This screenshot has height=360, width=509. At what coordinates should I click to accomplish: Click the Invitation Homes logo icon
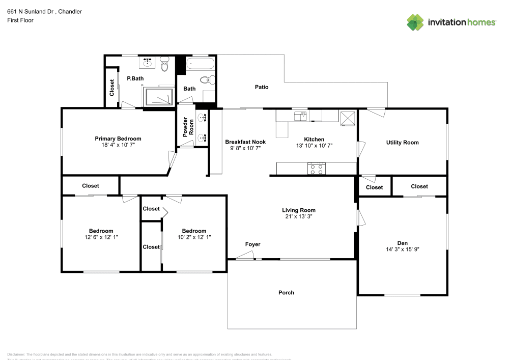(415, 22)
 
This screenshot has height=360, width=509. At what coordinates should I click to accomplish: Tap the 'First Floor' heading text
(20, 20)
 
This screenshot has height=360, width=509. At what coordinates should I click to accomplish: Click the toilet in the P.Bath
(164, 65)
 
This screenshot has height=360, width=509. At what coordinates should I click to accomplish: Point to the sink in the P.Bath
(148, 63)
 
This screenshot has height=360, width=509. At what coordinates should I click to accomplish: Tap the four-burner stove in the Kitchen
(317, 169)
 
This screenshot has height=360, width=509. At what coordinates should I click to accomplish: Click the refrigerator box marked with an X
(348, 117)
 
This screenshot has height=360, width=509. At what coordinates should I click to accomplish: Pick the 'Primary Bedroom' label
(118, 139)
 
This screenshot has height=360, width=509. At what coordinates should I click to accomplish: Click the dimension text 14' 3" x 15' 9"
(402, 250)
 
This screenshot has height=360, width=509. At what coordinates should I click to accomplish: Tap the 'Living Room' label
(299, 210)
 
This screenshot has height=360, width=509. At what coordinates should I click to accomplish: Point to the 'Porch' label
(286, 292)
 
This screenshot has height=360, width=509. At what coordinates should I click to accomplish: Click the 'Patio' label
(262, 87)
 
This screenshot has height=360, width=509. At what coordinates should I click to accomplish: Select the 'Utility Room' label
(402, 143)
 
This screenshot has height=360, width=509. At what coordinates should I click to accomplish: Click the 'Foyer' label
(252, 244)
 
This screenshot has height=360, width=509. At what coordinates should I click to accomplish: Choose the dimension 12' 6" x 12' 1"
(101, 237)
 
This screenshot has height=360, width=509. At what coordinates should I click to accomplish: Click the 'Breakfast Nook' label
(246, 142)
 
